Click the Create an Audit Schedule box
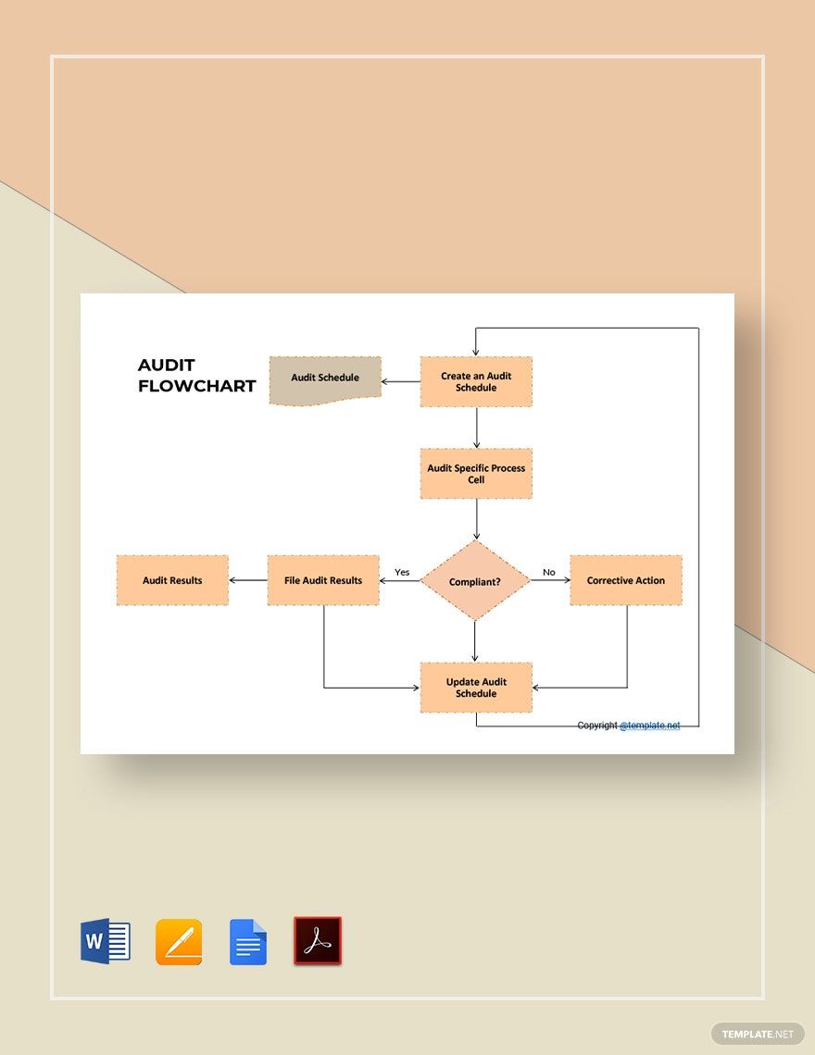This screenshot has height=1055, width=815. (476, 381)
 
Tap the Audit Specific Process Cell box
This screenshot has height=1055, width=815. (476, 474)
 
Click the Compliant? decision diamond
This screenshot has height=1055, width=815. (475, 580)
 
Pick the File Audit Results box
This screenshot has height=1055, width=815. (323, 580)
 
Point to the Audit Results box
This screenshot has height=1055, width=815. (172, 580)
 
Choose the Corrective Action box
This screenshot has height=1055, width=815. (626, 580)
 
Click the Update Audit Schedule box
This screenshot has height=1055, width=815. (476, 688)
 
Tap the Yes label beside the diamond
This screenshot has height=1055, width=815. (402, 572)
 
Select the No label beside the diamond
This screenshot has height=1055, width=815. (549, 572)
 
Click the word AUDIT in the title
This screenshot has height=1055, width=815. (167, 365)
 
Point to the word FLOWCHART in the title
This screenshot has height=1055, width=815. (196, 386)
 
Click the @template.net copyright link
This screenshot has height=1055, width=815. (649, 726)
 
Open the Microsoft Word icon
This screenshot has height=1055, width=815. (105, 940)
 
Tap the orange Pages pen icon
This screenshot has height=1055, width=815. (179, 942)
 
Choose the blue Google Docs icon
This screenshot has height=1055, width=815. (248, 942)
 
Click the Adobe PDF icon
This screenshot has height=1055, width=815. (318, 940)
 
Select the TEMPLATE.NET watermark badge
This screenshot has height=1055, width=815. (758, 1034)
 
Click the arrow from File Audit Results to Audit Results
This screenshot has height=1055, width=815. (248, 580)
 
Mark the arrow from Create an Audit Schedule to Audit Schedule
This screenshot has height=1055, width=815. (401, 381)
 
